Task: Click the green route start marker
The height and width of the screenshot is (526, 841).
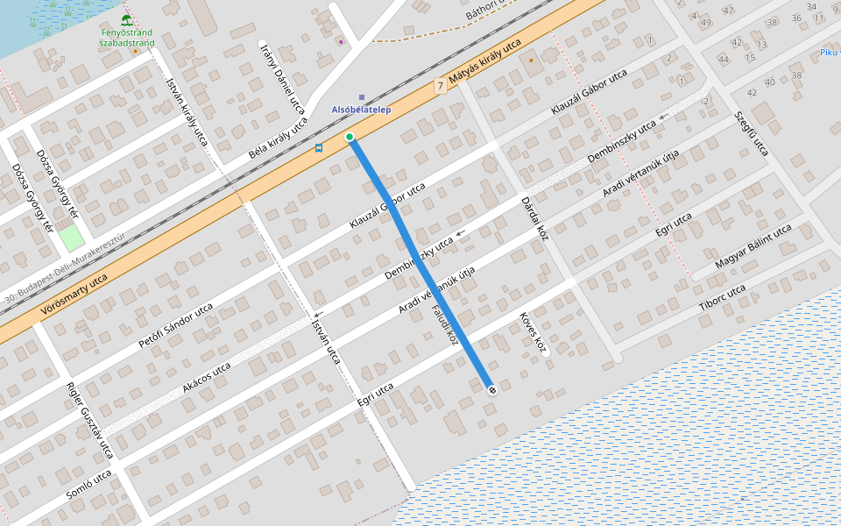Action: [350, 137]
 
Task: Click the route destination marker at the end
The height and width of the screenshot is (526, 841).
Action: [491, 389]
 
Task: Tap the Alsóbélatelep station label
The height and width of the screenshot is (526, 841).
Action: [361, 110]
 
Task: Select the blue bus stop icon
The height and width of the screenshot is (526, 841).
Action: [319, 147]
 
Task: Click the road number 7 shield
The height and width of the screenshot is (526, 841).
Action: [440, 87]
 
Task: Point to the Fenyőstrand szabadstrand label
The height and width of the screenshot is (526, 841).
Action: [127, 38]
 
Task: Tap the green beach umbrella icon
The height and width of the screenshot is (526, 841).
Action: [127, 20]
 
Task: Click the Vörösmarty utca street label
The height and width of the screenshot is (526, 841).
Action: [74, 295]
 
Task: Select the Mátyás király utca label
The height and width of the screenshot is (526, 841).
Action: [484, 63]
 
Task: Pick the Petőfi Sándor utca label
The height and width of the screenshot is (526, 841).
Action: [175, 327]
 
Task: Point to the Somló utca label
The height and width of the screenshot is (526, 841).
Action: [88, 484]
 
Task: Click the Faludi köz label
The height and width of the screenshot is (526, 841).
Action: [445, 325]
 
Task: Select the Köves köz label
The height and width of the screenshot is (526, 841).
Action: [533, 333]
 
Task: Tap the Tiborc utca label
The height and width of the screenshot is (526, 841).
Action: [722, 296]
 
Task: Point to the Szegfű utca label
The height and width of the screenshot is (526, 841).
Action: [751, 133]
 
